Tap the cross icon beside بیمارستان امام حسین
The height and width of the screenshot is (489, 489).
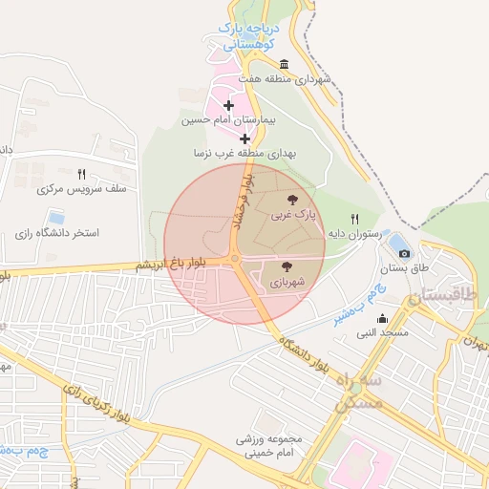pyautogui.click(x=227, y=105)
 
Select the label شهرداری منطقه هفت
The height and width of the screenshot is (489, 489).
pyautogui.click(x=285, y=79)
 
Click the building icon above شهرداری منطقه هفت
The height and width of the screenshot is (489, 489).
pyautogui.click(x=285, y=64)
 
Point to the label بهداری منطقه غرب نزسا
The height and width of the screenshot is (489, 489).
pyautogui.click(x=245, y=153)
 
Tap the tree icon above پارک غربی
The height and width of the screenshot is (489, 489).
pyautogui.click(x=290, y=201)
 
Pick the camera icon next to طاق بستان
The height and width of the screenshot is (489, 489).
pyautogui.click(x=405, y=253)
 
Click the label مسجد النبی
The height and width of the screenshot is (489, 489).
pyautogui.click(x=382, y=333)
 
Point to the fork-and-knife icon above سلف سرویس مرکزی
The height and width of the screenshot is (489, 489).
pyautogui.click(x=81, y=174)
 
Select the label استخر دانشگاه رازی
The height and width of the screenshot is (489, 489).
pyautogui.click(x=58, y=233)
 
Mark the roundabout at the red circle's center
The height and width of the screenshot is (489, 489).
pyautogui.click(x=235, y=258)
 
